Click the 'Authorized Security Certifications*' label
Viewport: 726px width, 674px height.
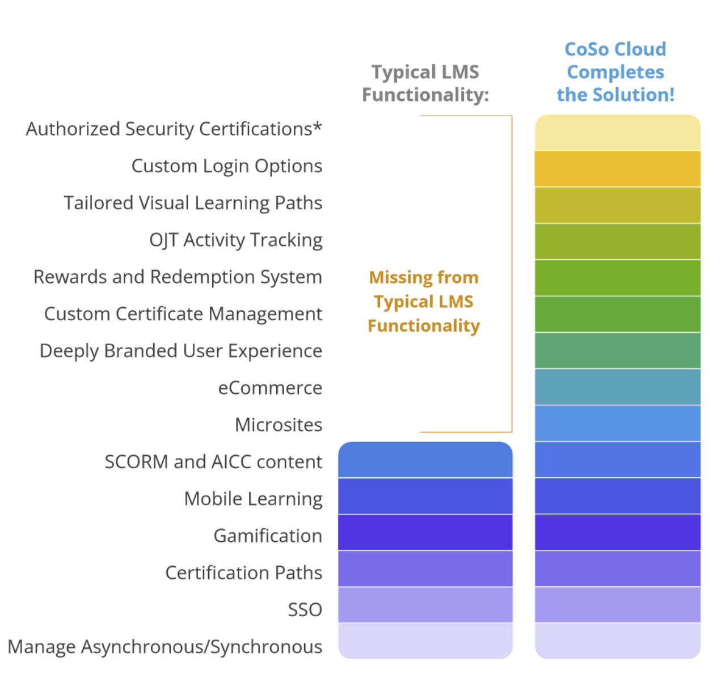pyautogui.click(x=174, y=129)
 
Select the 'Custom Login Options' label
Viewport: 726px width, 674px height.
pyautogui.click(x=227, y=166)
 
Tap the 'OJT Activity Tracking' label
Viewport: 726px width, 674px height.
pyautogui.click(x=236, y=240)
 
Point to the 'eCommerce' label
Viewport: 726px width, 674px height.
pyautogui.click(x=270, y=388)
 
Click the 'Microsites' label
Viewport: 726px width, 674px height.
pyautogui.click(x=278, y=425)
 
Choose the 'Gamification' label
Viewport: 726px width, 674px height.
pyautogui.click(x=268, y=536)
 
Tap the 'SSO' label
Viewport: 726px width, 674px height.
pyautogui.click(x=305, y=610)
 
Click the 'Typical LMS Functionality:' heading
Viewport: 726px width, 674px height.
pyautogui.click(x=425, y=83)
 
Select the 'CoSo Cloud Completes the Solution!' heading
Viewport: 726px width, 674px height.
pyautogui.click(x=615, y=72)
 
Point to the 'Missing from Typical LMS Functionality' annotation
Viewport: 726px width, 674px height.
pyautogui.click(x=424, y=302)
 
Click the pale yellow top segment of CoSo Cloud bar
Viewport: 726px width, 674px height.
pyautogui.click(x=618, y=132)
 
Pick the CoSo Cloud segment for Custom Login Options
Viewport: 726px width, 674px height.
pyautogui.click(x=618, y=169)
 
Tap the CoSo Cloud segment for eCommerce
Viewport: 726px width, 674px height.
pyautogui.click(x=618, y=387)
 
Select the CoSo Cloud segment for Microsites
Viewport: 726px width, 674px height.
pyautogui.click(x=618, y=423)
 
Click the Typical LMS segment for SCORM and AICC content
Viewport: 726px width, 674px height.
pyautogui.click(x=425, y=460)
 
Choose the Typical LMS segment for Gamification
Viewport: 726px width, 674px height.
pyautogui.click(x=425, y=532)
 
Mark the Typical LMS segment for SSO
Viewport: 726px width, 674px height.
pyautogui.click(x=425, y=605)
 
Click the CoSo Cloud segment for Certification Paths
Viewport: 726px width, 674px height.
pyautogui.click(x=618, y=569)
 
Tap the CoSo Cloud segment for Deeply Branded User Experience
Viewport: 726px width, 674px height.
pyautogui.click(x=618, y=350)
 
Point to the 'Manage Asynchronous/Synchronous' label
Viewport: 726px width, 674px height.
pyautogui.click(x=165, y=647)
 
